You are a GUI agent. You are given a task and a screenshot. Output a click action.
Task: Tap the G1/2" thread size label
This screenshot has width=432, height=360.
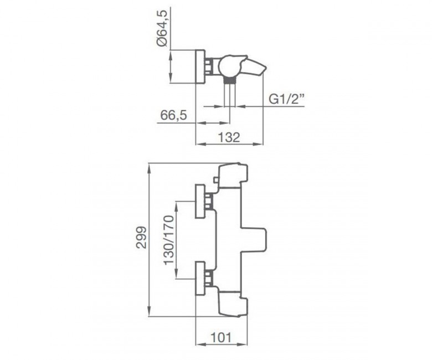click(x=286, y=100)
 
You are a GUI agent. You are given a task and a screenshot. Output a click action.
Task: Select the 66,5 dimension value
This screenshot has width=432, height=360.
click(x=173, y=116)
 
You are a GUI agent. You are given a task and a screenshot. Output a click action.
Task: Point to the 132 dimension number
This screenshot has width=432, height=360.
click(x=229, y=137)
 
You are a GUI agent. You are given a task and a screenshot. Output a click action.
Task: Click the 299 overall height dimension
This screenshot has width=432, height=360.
click(x=142, y=238)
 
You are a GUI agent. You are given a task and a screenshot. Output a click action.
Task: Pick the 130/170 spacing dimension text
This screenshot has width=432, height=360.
click(x=169, y=240)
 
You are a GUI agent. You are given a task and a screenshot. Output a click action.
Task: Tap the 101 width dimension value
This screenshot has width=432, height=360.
click(x=221, y=337)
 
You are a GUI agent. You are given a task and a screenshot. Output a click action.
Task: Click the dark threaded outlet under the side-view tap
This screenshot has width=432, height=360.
click(x=229, y=80)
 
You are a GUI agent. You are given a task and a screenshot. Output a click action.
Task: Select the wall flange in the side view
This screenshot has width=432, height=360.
click(x=200, y=66)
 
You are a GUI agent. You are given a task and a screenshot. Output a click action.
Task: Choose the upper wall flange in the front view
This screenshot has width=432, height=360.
click(x=200, y=202)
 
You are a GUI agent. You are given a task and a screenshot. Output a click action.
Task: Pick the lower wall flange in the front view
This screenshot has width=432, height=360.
click(x=200, y=279)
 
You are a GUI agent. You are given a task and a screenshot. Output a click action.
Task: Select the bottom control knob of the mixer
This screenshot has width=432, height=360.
click(x=233, y=303)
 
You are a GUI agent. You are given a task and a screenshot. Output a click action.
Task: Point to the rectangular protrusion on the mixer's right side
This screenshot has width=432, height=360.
click(x=254, y=239)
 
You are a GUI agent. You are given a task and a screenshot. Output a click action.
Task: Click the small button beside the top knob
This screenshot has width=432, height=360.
click(x=216, y=181)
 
